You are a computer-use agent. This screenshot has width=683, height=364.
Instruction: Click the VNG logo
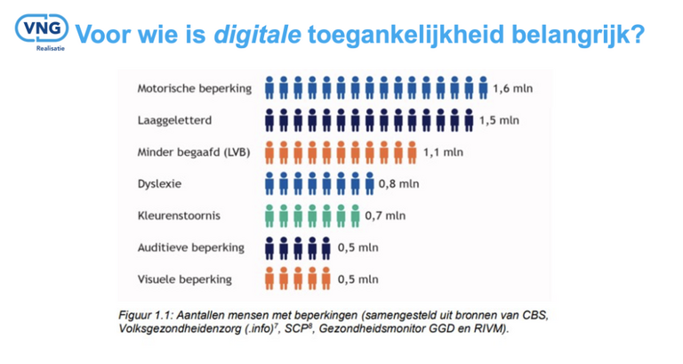tap(42, 32)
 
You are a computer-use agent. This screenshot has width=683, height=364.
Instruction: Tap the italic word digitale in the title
tap(257, 35)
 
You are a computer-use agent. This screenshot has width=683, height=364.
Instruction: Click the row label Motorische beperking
tap(194, 88)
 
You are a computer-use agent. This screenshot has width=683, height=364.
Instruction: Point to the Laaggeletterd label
tap(174, 120)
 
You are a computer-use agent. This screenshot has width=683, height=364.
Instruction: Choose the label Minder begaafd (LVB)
tap(194, 152)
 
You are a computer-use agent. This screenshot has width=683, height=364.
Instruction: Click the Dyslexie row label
tap(159, 183)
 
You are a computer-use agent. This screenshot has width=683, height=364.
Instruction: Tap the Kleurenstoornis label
tap(179, 215)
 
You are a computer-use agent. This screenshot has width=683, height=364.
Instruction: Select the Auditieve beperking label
tap(191, 247)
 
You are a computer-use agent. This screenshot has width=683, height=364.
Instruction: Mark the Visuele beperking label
tap(184, 279)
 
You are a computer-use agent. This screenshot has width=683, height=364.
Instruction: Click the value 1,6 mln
tap(512, 88)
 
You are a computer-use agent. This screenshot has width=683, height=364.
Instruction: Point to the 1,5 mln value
tap(499, 120)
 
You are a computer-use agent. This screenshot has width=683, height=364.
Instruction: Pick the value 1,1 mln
tap(443, 152)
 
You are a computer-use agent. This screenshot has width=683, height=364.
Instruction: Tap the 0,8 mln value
tap(398, 184)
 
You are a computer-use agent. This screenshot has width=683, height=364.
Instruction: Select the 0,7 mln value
tap(385, 215)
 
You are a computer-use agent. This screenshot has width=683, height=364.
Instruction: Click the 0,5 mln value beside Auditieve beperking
tap(358, 247)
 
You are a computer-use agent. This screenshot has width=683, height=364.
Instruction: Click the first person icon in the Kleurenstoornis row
tap(269, 215)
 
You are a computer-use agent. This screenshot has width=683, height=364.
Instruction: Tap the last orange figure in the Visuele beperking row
tap(325, 279)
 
